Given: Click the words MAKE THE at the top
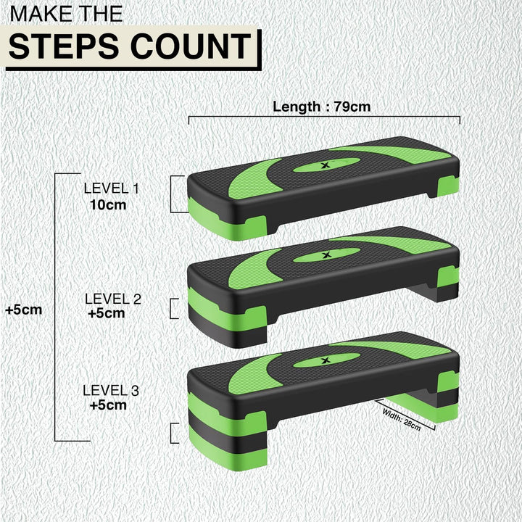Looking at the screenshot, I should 65,13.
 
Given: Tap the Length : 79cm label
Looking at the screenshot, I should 321,107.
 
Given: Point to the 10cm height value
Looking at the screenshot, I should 108,204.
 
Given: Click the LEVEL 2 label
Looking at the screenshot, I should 112,298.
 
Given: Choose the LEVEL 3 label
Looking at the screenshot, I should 110,390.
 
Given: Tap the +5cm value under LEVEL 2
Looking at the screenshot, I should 106,313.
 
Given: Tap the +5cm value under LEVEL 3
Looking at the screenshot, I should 108,405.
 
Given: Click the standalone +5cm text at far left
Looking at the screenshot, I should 23,309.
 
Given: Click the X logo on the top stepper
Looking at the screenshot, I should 323,165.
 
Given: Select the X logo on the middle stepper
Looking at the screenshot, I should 323,255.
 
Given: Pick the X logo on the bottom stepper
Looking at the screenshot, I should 323,359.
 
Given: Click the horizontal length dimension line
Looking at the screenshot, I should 324,117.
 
